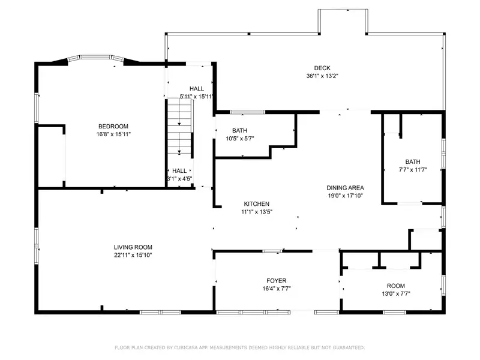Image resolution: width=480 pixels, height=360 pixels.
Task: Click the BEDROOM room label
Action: pyautogui.click(x=113, y=126)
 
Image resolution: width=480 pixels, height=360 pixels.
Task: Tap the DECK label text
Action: pyautogui.click(x=322, y=68)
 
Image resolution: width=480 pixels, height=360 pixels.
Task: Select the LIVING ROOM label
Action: pyautogui.click(x=133, y=247)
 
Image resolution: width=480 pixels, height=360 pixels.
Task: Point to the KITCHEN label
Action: pyautogui.click(x=257, y=203)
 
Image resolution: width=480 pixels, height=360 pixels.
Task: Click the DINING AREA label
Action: pyautogui.click(x=345, y=188)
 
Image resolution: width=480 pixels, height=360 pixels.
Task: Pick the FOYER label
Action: pyautogui.click(x=277, y=280)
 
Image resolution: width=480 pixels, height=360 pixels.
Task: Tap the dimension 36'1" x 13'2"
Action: pyautogui.click(x=322, y=76)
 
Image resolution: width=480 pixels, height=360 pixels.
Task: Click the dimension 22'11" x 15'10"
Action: pyautogui.click(x=133, y=255)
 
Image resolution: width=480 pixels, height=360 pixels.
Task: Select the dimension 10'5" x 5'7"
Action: pyautogui.click(x=239, y=139)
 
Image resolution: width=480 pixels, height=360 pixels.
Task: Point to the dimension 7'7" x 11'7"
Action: pyautogui.click(x=413, y=170)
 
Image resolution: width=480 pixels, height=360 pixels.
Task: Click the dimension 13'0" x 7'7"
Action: pyautogui.click(x=396, y=294)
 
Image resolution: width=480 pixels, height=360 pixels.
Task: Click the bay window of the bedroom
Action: pyautogui.click(x=95, y=58)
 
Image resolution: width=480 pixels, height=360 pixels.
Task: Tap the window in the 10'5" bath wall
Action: pyautogui.click(x=247, y=112)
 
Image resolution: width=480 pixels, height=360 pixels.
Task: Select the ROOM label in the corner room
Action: pyautogui.click(x=396, y=286)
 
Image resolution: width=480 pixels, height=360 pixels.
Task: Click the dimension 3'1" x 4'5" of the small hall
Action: pyautogui.click(x=179, y=179)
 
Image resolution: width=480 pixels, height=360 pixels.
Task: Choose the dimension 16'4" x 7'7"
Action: pyautogui.click(x=277, y=289)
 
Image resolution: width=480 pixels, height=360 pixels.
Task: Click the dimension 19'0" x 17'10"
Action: pyautogui.click(x=345, y=196)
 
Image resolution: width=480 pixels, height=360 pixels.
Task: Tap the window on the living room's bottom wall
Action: pyautogui.click(x=160, y=312)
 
